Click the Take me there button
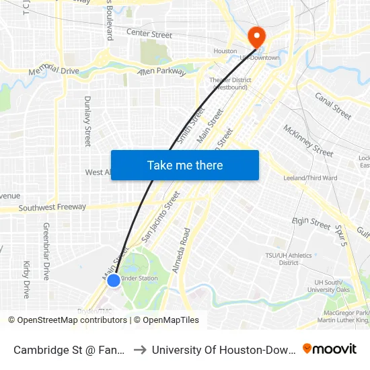185,165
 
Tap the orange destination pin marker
256,36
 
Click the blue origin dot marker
114,280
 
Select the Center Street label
149,34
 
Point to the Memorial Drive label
54,70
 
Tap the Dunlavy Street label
87,121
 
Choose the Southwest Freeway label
52,208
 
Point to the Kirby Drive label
27,279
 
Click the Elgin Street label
311,223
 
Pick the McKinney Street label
308,140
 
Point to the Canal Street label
333,106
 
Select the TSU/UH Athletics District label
288,259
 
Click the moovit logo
330,348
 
